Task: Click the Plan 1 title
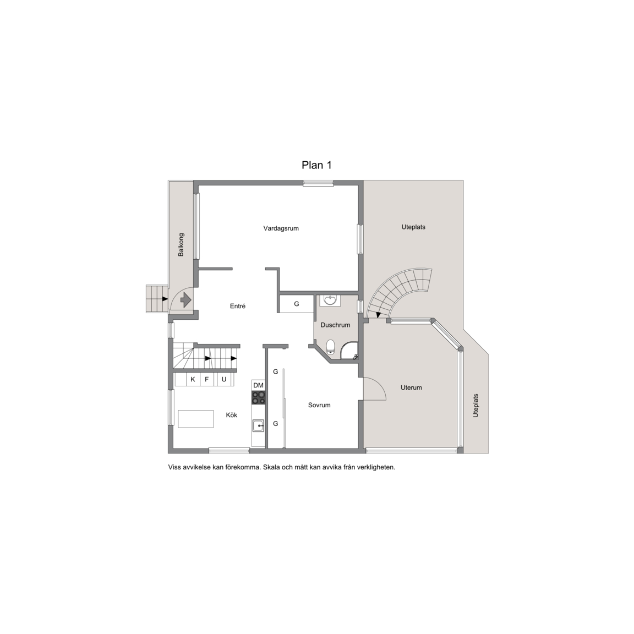tap(316, 165)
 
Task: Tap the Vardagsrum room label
tap(281, 228)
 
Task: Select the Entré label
tap(238, 306)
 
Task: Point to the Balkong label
tap(181, 244)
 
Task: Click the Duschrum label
tap(335, 325)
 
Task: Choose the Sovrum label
tap(319, 405)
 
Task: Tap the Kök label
tap(232, 415)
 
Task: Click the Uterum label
tap(411, 387)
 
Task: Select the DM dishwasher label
tap(258, 385)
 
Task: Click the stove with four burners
tap(258, 397)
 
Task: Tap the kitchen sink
tap(258, 426)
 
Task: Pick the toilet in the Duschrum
tap(331, 347)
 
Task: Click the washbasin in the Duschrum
tap(330, 300)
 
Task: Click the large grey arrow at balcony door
tap(185, 299)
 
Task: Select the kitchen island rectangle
tap(196, 419)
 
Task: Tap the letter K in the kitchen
tap(193, 379)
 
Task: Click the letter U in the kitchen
tap(224, 379)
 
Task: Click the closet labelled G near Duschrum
tap(297, 304)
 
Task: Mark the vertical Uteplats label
tap(475, 406)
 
